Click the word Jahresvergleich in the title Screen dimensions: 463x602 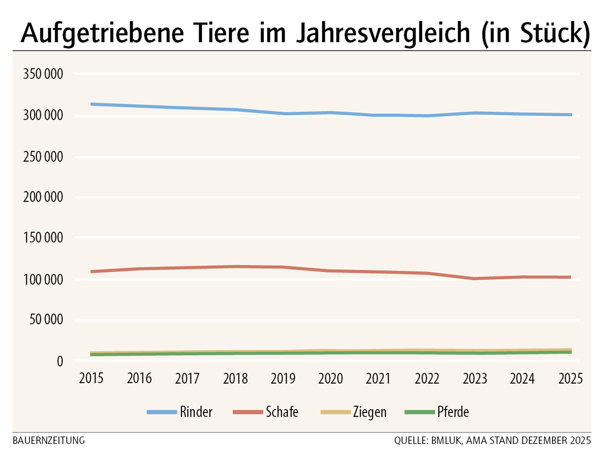[383, 34]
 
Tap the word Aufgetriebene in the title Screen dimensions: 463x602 [102, 34]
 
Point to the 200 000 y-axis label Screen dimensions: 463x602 [43, 197]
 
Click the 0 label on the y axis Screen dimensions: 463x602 [60, 361]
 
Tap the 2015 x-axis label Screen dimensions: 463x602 [91, 378]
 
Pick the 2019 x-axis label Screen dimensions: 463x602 [283, 378]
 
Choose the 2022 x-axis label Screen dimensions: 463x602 [427, 378]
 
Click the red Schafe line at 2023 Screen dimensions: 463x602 [475, 278]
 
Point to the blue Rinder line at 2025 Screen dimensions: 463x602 [570, 115]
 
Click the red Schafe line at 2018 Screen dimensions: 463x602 [235, 266]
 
